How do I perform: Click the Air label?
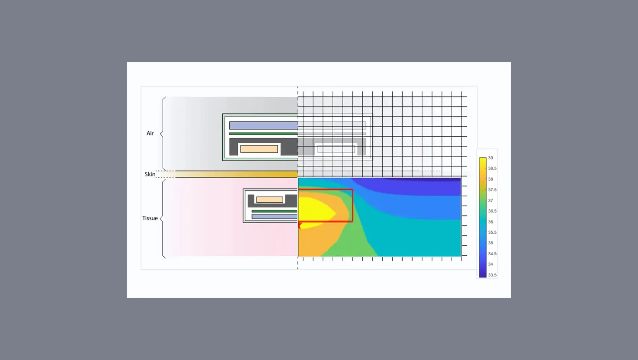[x=150, y=133]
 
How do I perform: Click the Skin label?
[x=150, y=174]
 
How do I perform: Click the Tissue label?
[x=150, y=218]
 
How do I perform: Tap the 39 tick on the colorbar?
[x=490, y=158]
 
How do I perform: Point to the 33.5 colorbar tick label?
[x=492, y=275]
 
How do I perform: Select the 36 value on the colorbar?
[x=490, y=222]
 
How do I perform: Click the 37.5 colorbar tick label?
[x=492, y=190]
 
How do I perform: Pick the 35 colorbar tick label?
[x=490, y=243]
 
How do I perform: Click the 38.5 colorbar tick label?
[x=492, y=169]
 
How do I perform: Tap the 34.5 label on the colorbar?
[x=492, y=254]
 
